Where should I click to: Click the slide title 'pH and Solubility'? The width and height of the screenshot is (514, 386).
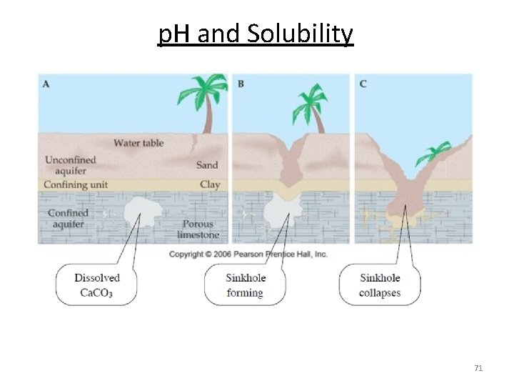tap(256, 33)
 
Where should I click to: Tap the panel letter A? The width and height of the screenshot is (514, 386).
tap(46, 84)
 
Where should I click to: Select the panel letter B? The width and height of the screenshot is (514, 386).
tap(241, 84)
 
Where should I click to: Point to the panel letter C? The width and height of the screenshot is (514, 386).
tap(363, 84)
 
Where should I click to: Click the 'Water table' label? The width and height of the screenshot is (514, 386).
tap(138, 143)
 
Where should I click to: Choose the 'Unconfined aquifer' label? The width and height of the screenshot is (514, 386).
tap(71, 165)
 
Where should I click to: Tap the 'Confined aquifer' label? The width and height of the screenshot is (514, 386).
tap(68, 218)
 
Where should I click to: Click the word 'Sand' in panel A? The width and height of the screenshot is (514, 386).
tap(207, 165)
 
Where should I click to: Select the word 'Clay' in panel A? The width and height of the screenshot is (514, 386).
tap(210, 184)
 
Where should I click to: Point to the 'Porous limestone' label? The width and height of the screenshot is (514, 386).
tap(197, 229)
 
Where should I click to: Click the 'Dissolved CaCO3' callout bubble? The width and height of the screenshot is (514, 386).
tap(96, 284)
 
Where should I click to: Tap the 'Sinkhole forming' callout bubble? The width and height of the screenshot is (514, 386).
tap(245, 284)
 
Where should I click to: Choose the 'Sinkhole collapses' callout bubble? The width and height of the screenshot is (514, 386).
tap(379, 284)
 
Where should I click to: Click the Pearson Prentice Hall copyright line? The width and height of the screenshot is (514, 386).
tap(248, 254)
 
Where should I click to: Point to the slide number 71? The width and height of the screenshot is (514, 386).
tap(478, 368)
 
